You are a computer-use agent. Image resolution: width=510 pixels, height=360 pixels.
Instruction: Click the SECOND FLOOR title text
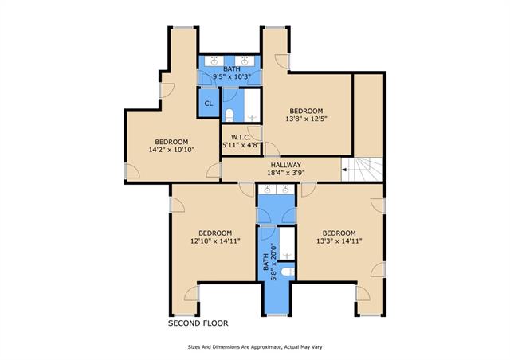coord(198,323)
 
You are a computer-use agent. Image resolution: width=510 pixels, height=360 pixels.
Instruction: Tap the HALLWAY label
coord(286,165)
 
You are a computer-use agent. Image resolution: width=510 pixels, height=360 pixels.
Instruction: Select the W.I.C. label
coord(241,137)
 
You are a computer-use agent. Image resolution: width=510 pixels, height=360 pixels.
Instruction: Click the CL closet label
coord(209,104)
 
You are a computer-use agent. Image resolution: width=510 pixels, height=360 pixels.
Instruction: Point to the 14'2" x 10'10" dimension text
coord(171,150)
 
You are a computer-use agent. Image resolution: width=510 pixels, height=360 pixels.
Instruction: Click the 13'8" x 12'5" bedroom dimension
coord(306,119)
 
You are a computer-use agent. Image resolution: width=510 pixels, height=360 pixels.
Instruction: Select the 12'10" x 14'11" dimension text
coord(215,241)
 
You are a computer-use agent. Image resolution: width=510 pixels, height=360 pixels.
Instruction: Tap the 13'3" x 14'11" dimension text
coord(339,241)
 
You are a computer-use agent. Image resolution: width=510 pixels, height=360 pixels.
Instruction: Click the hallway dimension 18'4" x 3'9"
coord(286,173)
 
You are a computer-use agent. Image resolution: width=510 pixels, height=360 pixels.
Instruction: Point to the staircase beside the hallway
coord(362,170)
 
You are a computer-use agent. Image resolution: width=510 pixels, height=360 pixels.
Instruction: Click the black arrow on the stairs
coord(345,170)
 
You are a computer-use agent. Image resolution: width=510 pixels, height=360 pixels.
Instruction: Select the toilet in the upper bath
coord(229,115)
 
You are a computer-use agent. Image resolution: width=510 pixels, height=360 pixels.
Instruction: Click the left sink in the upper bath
coord(214,61)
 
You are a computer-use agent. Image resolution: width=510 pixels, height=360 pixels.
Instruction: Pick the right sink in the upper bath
coord(245,61)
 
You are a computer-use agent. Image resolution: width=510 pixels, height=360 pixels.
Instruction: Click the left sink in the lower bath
coord(268,189)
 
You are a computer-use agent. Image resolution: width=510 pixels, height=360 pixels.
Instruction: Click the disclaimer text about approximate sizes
coord(255,347)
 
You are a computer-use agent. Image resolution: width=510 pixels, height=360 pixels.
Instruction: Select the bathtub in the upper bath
coord(252,104)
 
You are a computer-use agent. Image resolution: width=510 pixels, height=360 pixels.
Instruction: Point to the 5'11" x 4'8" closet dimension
coord(241,145)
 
